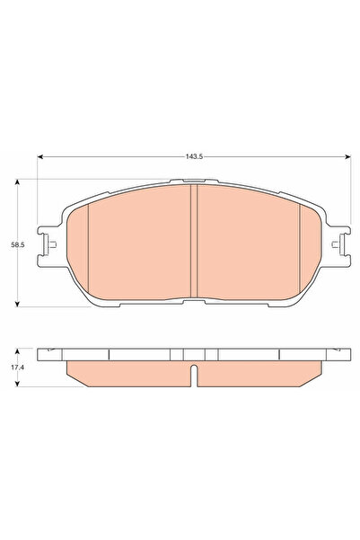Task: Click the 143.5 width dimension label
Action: (190, 157)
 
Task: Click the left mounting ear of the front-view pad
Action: (48, 245)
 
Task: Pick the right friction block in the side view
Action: (255, 372)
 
